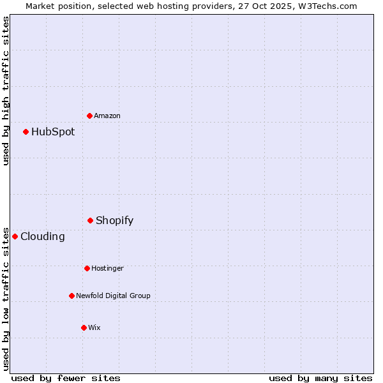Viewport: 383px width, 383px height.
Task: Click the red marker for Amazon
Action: (x=89, y=116)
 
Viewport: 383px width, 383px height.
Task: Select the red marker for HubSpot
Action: (x=26, y=131)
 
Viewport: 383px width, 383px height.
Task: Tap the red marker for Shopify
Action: (x=90, y=220)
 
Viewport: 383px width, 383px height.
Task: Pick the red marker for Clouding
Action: (x=15, y=236)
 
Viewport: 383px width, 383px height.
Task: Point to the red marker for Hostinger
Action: (x=87, y=268)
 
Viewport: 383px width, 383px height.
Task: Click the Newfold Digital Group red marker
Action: (x=71, y=296)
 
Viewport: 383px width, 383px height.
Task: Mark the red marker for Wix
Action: (x=84, y=327)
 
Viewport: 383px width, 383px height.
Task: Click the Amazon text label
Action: (x=107, y=116)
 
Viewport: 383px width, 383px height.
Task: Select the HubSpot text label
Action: (x=53, y=132)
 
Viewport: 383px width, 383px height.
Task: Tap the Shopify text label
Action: (x=115, y=221)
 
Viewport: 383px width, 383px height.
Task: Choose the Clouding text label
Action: (x=43, y=237)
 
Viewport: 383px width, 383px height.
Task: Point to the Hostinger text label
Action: (x=107, y=268)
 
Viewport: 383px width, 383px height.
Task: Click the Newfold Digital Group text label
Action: (x=113, y=296)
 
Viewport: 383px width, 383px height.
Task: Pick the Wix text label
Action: (x=94, y=327)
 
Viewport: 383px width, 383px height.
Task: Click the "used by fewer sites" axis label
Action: (x=66, y=378)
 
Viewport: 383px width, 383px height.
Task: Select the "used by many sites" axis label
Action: (x=320, y=378)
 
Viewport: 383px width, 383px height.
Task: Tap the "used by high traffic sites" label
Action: (x=6, y=91)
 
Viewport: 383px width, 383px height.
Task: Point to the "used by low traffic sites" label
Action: (x=6, y=298)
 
